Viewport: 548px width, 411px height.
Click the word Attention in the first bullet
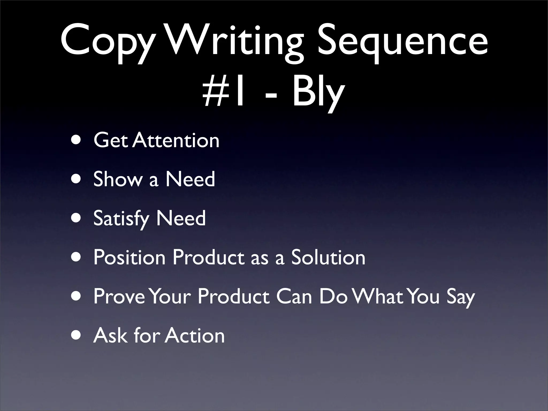coord(176,140)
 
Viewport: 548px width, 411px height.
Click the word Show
coord(118,179)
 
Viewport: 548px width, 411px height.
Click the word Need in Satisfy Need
coord(181,218)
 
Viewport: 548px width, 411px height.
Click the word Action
coord(195,336)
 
